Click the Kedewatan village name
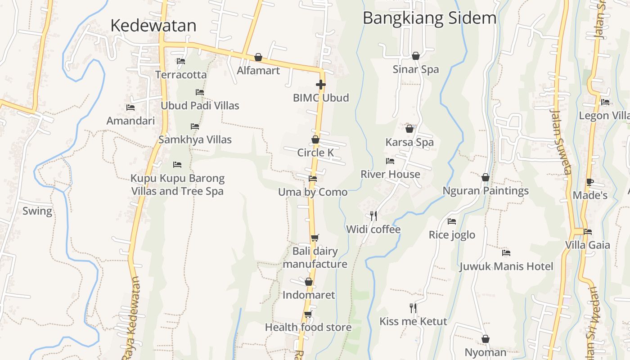click(x=153, y=25)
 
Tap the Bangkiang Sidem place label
click(x=429, y=18)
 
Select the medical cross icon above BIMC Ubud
click(x=320, y=84)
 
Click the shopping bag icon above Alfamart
click(x=258, y=57)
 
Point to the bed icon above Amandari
click(x=130, y=108)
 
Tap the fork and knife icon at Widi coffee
click(x=373, y=216)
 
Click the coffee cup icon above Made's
click(x=589, y=182)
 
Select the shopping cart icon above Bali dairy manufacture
click(x=315, y=238)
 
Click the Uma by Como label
click(x=313, y=192)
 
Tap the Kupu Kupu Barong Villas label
click(x=177, y=184)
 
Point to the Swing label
click(x=37, y=211)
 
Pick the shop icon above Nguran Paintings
click(x=486, y=177)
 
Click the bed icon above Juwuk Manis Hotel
click(x=506, y=253)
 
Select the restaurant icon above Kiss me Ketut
click(x=413, y=308)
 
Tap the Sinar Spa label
click(x=415, y=69)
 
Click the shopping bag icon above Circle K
click(x=315, y=139)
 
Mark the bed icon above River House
click(x=390, y=161)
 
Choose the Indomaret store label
click(x=309, y=295)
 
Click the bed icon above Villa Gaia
click(x=588, y=232)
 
